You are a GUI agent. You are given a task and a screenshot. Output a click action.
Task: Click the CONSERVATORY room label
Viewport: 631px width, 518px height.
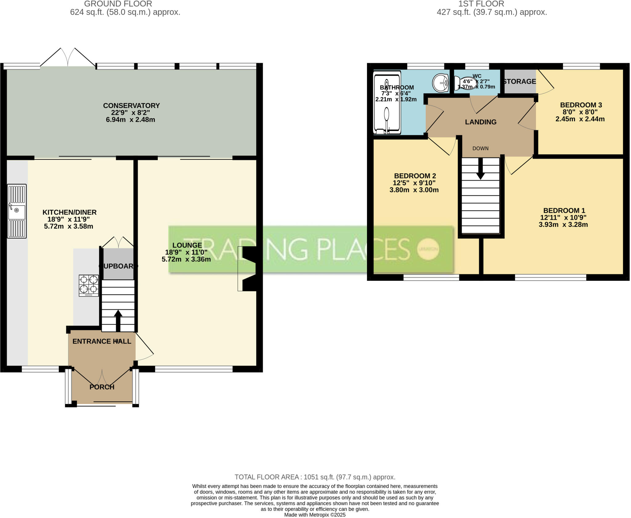click(131, 106)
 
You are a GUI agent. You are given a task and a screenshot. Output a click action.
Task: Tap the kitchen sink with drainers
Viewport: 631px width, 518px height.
click(17, 211)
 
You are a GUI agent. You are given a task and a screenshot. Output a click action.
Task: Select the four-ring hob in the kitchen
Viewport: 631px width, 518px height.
click(89, 286)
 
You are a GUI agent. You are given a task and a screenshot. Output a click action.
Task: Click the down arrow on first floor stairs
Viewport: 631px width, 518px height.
click(480, 169)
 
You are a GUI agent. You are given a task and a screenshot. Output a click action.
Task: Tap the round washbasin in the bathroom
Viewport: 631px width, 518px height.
click(441, 83)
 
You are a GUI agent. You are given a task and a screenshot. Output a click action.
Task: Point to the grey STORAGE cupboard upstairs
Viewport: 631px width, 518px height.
click(520, 81)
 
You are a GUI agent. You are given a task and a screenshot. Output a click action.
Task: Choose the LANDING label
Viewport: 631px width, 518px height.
click(481, 122)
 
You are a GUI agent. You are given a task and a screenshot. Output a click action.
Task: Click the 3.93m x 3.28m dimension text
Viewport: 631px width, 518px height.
click(563, 225)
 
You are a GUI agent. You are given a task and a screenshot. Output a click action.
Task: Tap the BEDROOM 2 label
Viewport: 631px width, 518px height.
click(415, 176)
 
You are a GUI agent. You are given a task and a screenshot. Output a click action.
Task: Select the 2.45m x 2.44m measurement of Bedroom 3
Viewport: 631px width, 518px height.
click(580, 119)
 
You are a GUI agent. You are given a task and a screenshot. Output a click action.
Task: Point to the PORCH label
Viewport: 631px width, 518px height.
click(102, 387)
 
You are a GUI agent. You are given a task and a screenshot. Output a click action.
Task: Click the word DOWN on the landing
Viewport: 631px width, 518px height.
click(480, 149)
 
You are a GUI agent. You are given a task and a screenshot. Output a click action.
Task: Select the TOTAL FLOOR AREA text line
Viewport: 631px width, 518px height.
click(315, 477)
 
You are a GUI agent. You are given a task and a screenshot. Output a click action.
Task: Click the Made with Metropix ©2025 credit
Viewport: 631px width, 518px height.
click(315, 515)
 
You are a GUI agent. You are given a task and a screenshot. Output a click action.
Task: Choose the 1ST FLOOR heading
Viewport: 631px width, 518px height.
click(481, 4)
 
